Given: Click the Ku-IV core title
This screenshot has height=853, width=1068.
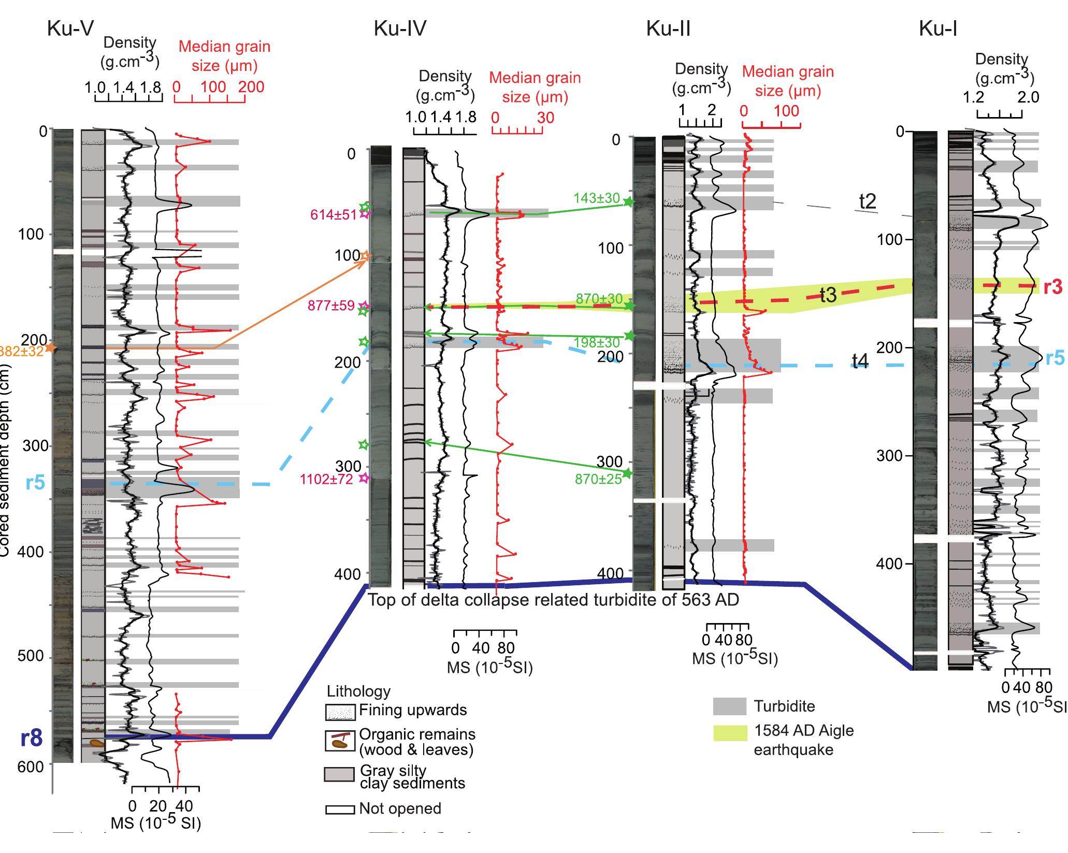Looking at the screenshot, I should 400,29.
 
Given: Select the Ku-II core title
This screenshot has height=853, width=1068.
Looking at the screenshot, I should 668,29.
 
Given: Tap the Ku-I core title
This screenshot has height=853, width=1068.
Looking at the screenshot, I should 937,29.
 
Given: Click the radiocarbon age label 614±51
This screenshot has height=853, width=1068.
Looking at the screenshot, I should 333,215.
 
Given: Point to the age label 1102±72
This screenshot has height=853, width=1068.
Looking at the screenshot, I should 326,479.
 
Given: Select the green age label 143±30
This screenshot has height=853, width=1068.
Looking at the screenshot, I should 596,198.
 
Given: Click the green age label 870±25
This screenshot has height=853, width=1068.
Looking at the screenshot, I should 598,479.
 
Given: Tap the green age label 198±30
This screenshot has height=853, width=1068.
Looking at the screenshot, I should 597,342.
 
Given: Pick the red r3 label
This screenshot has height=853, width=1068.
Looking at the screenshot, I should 1053,287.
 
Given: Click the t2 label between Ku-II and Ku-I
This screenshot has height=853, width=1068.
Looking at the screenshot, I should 868,201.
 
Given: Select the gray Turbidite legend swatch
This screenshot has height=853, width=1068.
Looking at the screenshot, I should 729,706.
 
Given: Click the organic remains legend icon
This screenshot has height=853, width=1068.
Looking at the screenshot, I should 340,741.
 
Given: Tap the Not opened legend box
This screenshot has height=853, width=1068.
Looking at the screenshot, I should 340,809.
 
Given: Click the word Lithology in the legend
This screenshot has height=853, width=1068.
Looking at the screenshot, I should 358,691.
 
